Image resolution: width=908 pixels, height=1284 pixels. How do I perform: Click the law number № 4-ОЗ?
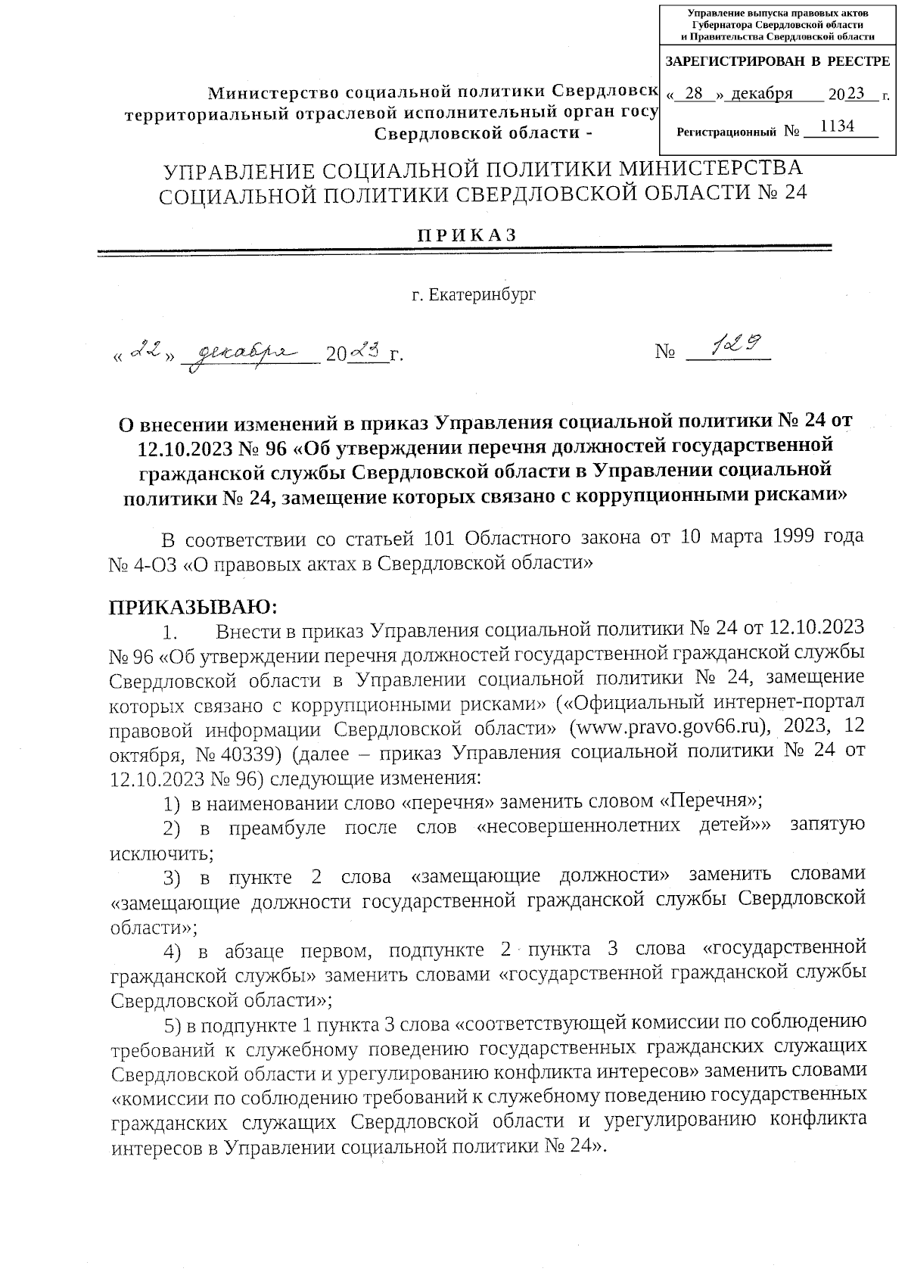[144, 564]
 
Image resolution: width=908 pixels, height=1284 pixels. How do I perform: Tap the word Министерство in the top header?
[272, 92]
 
